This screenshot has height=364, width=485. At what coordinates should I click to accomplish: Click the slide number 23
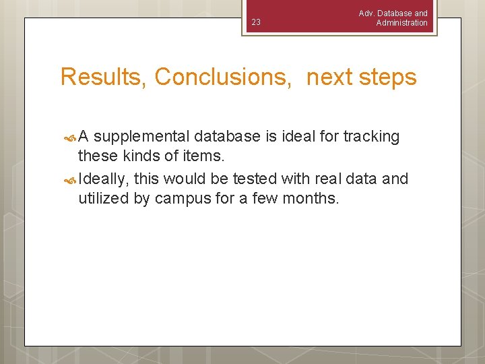pyautogui.click(x=255, y=23)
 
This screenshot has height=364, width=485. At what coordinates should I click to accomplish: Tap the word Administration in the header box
pyautogui.click(x=401, y=23)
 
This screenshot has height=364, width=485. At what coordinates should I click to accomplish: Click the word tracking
pyautogui.click(x=371, y=137)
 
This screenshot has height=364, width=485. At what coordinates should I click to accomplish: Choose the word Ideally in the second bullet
pyautogui.click(x=104, y=179)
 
